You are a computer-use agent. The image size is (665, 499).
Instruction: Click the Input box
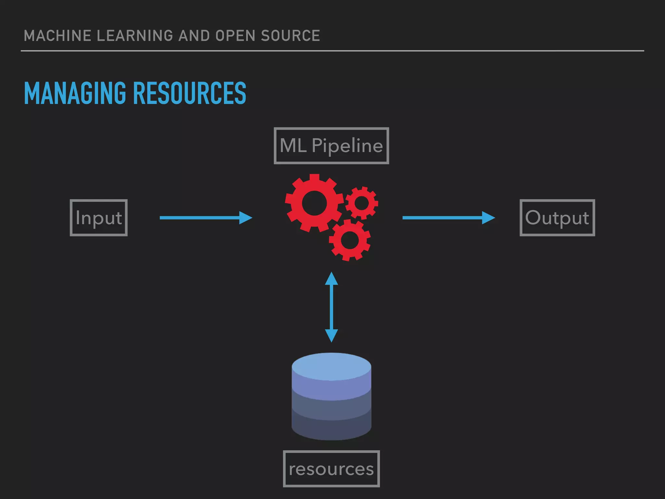[99, 218]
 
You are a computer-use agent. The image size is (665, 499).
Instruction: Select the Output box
[557, 218]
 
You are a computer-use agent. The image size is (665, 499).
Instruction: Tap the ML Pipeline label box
[331, 146]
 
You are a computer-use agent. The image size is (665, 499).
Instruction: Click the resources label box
[331, 469]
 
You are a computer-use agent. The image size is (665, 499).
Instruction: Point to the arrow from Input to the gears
[206, 218]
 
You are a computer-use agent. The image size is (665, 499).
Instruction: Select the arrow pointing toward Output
[448, 218]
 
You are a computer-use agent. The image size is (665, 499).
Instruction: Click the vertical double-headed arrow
[331, 307]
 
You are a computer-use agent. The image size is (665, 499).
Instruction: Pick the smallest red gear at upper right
[362, 203]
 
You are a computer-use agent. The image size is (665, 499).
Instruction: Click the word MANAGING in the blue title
[75, 93]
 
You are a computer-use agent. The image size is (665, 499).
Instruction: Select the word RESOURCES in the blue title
[190, 93]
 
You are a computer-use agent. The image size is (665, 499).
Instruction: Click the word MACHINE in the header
[57, 36]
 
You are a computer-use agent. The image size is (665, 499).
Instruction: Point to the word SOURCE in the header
[290, 36]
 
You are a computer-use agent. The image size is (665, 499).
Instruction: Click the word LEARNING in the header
[135, 36]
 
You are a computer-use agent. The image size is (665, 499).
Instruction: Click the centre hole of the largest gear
[314, 203]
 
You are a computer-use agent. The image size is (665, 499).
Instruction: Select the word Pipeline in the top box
[347, 146]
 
